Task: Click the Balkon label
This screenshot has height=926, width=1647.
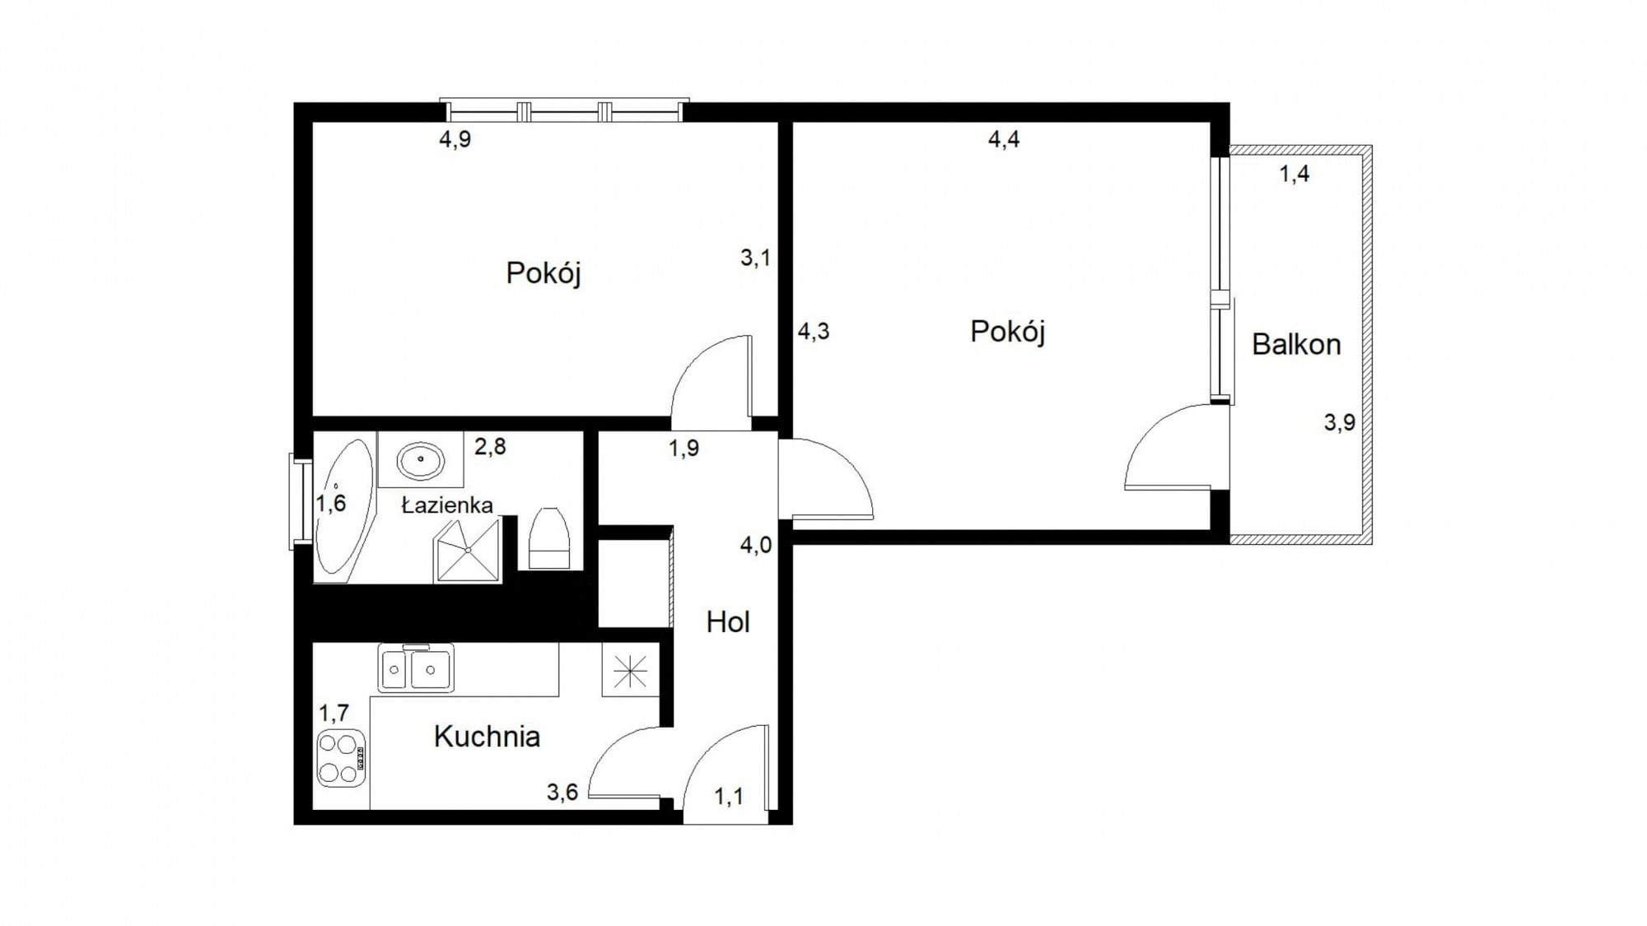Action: click(1296, 344)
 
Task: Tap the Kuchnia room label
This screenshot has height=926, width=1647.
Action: click(487, 737)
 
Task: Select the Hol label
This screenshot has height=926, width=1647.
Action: click(728, 622)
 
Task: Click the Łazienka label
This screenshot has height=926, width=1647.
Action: click(447, 505)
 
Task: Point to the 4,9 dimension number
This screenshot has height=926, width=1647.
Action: click(455, 139)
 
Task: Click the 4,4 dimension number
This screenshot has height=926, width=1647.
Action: click(1004, 139)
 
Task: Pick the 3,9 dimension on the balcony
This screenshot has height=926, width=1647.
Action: click(1339, 422)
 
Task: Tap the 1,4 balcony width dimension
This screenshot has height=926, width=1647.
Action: click(1294, 174)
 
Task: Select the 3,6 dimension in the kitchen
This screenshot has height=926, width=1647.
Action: click(562, 792)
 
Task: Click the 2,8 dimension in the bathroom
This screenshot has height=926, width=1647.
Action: click(490, 447)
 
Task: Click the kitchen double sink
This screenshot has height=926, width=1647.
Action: click(416, 668)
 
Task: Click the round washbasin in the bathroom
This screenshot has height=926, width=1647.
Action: click(421, 460)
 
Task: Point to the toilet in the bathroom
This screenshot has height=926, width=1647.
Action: click(548, 538)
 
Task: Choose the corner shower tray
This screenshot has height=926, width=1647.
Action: click(467, 550)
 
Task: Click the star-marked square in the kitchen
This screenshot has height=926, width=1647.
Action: click(630, 669)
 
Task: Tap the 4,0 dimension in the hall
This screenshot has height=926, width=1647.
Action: click(756, 545)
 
